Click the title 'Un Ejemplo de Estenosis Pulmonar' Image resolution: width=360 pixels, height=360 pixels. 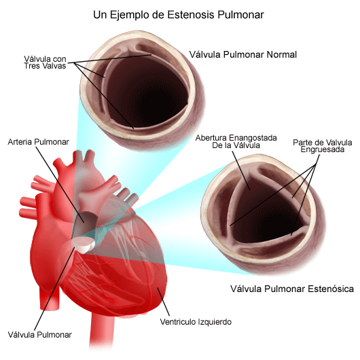(x=179, y=15)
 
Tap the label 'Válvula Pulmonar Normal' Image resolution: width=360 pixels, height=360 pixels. (x=243, y=54)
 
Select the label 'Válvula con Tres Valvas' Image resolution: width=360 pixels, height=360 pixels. (x=45, y=62)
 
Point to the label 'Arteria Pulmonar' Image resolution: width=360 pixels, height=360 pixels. (x=38, y=142)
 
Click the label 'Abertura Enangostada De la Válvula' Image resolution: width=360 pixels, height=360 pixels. (x=236, y=141)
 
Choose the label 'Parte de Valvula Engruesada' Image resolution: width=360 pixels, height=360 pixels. (x=323, y=146)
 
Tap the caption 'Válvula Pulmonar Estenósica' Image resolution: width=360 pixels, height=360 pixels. (x=292, y=289)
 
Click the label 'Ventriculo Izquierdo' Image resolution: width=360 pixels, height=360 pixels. (x=196, y=322)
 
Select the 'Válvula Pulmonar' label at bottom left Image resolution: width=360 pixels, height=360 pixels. (x=39, y=335)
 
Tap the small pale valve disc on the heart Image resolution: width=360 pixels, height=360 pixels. (x=83, y=245)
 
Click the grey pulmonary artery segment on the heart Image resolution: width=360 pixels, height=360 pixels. (x=84, y=225)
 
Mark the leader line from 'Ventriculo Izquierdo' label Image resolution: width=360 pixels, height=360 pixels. (x=164, y=301)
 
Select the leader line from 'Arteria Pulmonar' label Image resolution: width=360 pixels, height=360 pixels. (x=60, y=185)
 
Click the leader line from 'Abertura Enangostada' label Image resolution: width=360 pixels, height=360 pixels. (x=241, y=170)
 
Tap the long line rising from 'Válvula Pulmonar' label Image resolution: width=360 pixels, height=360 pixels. (x=54, y=289)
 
